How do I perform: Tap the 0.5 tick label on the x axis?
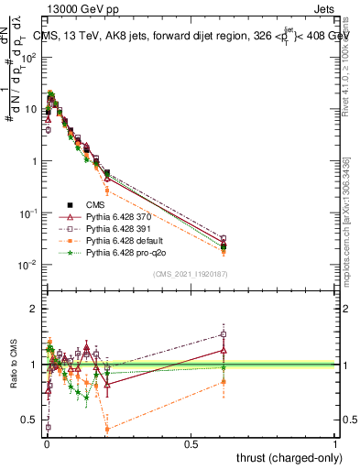click(x=191, y=444)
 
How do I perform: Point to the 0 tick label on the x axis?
click(x=46, y=444)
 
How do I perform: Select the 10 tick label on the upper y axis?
click(x=31, y=109)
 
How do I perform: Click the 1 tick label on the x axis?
click(x=335, y=444)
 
